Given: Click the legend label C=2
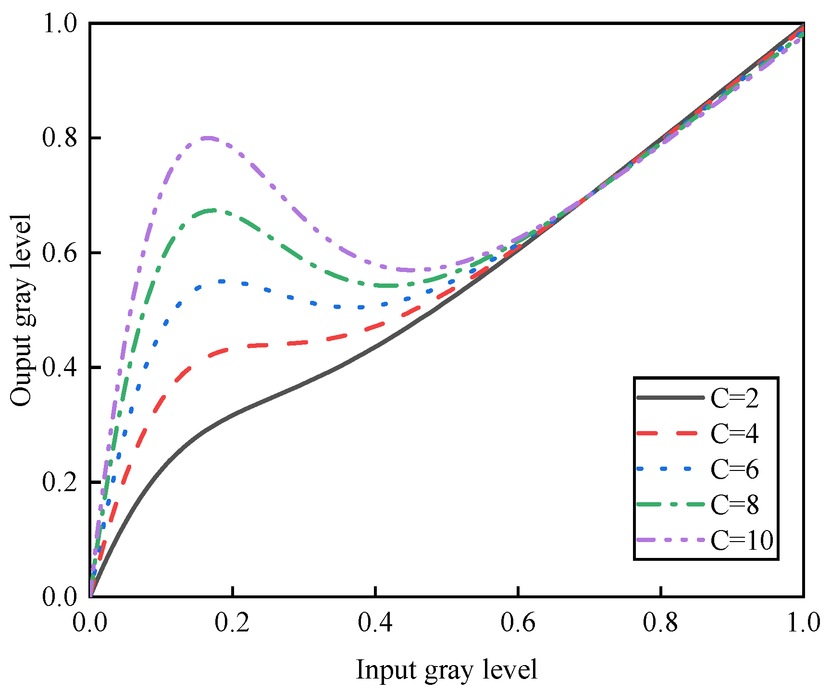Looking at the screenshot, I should tap(734, 398).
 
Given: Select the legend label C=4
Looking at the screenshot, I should tap(734, 434).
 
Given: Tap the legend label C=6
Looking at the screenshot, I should tap(734, 470).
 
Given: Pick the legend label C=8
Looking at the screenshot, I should tap(734, 505).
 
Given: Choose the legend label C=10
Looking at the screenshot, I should tap(742, 540).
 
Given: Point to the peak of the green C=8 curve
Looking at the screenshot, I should tap(214, 210).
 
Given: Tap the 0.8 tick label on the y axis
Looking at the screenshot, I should tap(60, 138).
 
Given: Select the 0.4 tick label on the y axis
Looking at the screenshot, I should tap(60, 368).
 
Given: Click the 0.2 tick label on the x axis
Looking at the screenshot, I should tap(233, 623).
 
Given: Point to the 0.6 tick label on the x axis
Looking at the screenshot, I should tap(518, 623).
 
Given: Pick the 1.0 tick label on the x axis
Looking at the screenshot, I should tap(803, 623).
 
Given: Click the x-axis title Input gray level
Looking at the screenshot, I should tap(447, 670).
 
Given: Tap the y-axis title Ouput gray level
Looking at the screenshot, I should tap(21, 310).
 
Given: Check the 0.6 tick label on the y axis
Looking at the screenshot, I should tap(60, 253).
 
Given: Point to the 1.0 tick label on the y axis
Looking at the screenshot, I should tap(60, 24).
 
